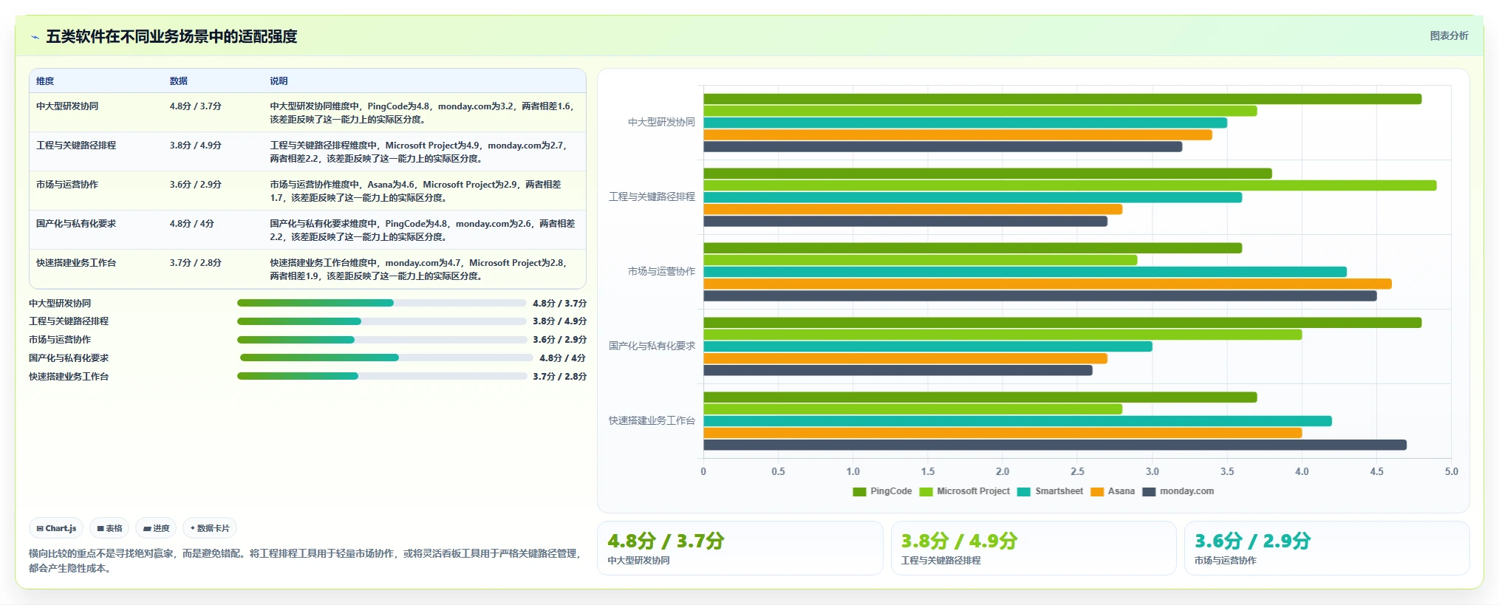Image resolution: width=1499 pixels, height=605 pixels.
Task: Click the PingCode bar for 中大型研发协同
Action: click(1062, 99)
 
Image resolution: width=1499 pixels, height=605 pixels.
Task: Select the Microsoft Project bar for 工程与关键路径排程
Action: click(1070, 185)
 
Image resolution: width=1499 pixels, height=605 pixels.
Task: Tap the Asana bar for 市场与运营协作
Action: click(1048, 284)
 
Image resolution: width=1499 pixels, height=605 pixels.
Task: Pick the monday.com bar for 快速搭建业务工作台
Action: click(1055, 445)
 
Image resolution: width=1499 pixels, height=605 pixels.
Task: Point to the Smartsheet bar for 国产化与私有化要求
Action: click(928, 346)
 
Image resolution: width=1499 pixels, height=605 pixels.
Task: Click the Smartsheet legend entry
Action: click(1050, 491)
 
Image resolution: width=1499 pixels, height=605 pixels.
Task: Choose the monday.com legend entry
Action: click(1178, 491)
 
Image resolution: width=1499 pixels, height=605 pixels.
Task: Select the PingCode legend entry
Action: click(882, 491)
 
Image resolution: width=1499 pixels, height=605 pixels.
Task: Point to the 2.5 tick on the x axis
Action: click(1077, 471)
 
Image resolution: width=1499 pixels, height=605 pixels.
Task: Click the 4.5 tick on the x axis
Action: click(1376, 471)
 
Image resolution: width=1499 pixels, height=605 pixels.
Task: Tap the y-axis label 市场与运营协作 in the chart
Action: click(661, 271)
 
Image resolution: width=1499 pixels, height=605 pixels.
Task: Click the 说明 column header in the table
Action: click(279, 81)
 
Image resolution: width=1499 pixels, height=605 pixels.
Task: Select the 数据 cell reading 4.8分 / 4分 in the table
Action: click(191, 224)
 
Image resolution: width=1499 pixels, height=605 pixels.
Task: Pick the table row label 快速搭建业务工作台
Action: click(76, 263)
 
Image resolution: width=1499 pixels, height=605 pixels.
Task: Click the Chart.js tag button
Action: click(56, 528)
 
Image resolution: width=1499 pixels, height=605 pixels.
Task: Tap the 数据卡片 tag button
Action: click(210, 528)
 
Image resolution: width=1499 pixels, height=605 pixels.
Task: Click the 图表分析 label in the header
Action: click(1449, 35)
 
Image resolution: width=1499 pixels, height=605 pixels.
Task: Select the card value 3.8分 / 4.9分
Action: click(959, 541)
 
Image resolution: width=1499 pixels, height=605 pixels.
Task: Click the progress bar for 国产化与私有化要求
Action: click(386, 358)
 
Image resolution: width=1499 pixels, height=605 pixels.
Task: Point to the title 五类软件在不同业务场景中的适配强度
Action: click(171, 36)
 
